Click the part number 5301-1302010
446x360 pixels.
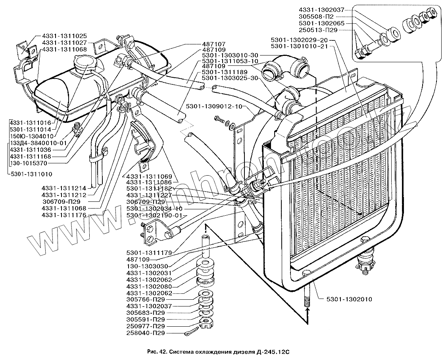350,299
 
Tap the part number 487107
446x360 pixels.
213,44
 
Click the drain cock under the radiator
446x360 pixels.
365,261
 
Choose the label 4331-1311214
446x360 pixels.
64,188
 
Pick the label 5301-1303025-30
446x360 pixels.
230,78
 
